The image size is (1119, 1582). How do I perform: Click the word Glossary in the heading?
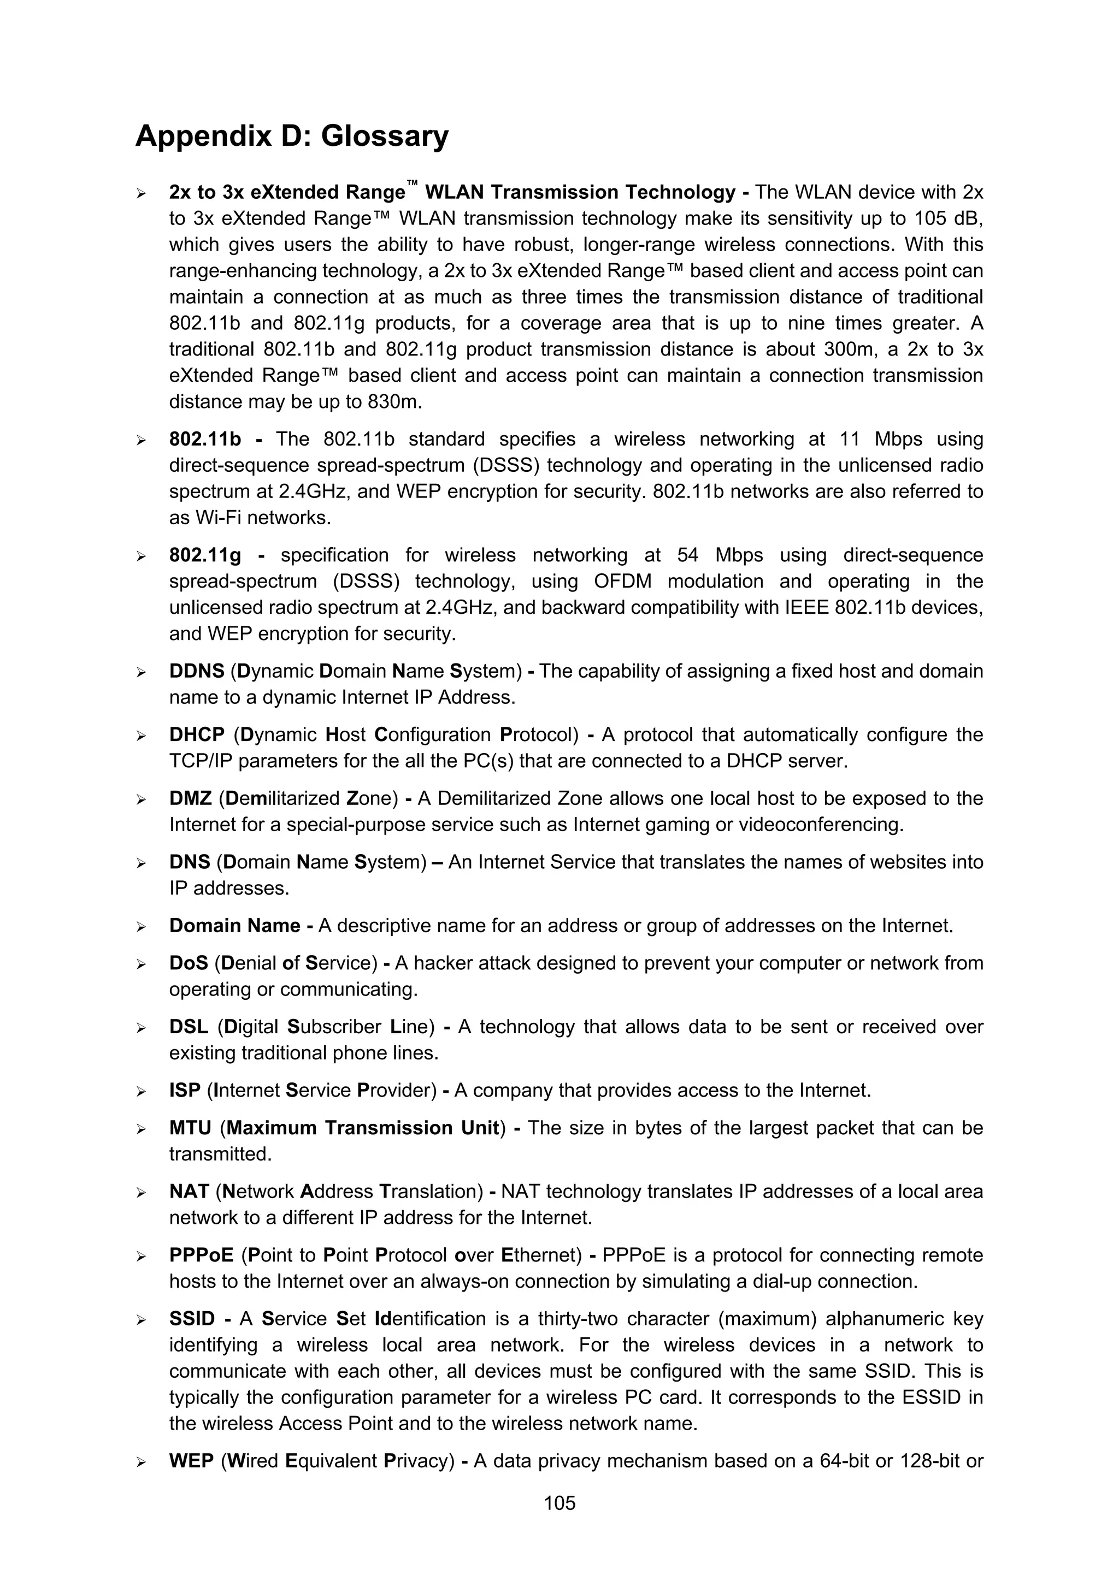[x=385, y=136]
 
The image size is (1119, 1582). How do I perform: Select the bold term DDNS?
[x=197, y=671]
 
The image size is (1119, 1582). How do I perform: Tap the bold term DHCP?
[x=197, y=734]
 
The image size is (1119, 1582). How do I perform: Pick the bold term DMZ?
[x=190, y=798]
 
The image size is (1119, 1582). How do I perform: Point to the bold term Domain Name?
[x=234, y=926]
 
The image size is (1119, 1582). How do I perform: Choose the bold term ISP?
[x=184, y=1091]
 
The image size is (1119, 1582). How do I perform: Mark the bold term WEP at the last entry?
[x=191, y=1461]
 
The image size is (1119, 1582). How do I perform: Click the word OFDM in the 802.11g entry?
[x=622, y=582]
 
